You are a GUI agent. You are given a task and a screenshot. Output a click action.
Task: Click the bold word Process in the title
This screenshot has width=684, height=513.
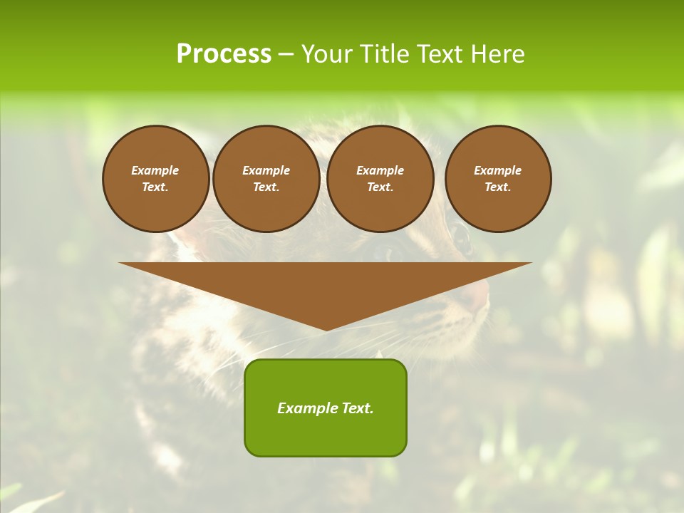pyautogui.click(x=224, y=53)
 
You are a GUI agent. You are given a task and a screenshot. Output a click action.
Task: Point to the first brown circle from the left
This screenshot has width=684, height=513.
pyautogui.click(x=156, y=179)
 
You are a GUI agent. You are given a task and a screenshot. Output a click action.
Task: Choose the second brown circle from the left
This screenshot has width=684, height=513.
pyautogui.click(x=266, y=179)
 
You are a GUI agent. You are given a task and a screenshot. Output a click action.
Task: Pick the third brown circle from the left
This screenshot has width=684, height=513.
pyautogui.click(x=380, y=179)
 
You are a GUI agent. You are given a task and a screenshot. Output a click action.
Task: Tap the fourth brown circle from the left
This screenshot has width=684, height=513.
pyautogui.click(x=498, y=179)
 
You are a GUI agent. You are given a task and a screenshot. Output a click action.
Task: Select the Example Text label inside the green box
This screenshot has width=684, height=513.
pyautogui.click(x=326, y=408)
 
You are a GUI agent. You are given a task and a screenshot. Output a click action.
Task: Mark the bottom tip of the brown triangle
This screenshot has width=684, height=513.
pyautogui.click(x=326, y=329)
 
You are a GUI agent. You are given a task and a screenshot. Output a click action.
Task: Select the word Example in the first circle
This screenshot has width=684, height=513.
pyautogui.click(x=155, y=170)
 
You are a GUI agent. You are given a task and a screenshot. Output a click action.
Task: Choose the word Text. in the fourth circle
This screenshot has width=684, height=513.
pyautogui.click(x=498, y=187)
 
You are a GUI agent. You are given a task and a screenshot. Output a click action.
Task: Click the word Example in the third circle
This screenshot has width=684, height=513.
pyautogui.click(x=380, y=170)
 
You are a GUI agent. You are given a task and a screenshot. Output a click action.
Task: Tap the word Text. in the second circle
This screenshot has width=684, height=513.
pyautogui.click(x=266, y=187)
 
